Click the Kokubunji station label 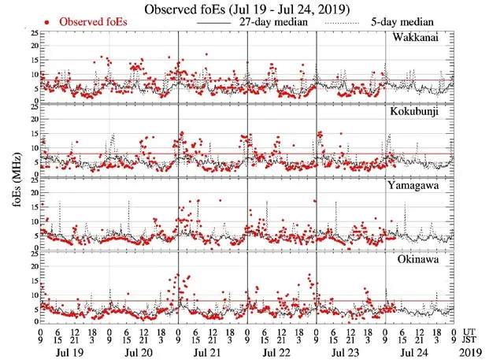pyautogui.click(x=425, y=113)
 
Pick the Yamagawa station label pyautogui.click(x=426, y=186)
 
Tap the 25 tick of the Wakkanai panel pyautogui.click(x=32, y=34)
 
